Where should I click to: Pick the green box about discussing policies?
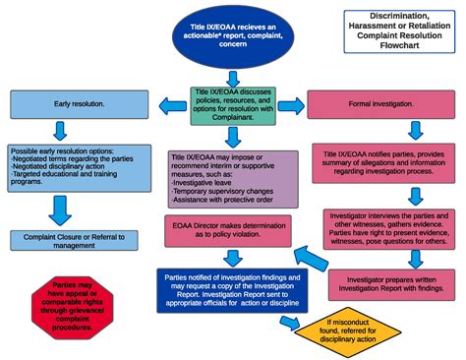click(232, 106)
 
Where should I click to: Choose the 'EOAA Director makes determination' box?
click(232, 233)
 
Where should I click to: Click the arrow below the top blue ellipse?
click(232, 76)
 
